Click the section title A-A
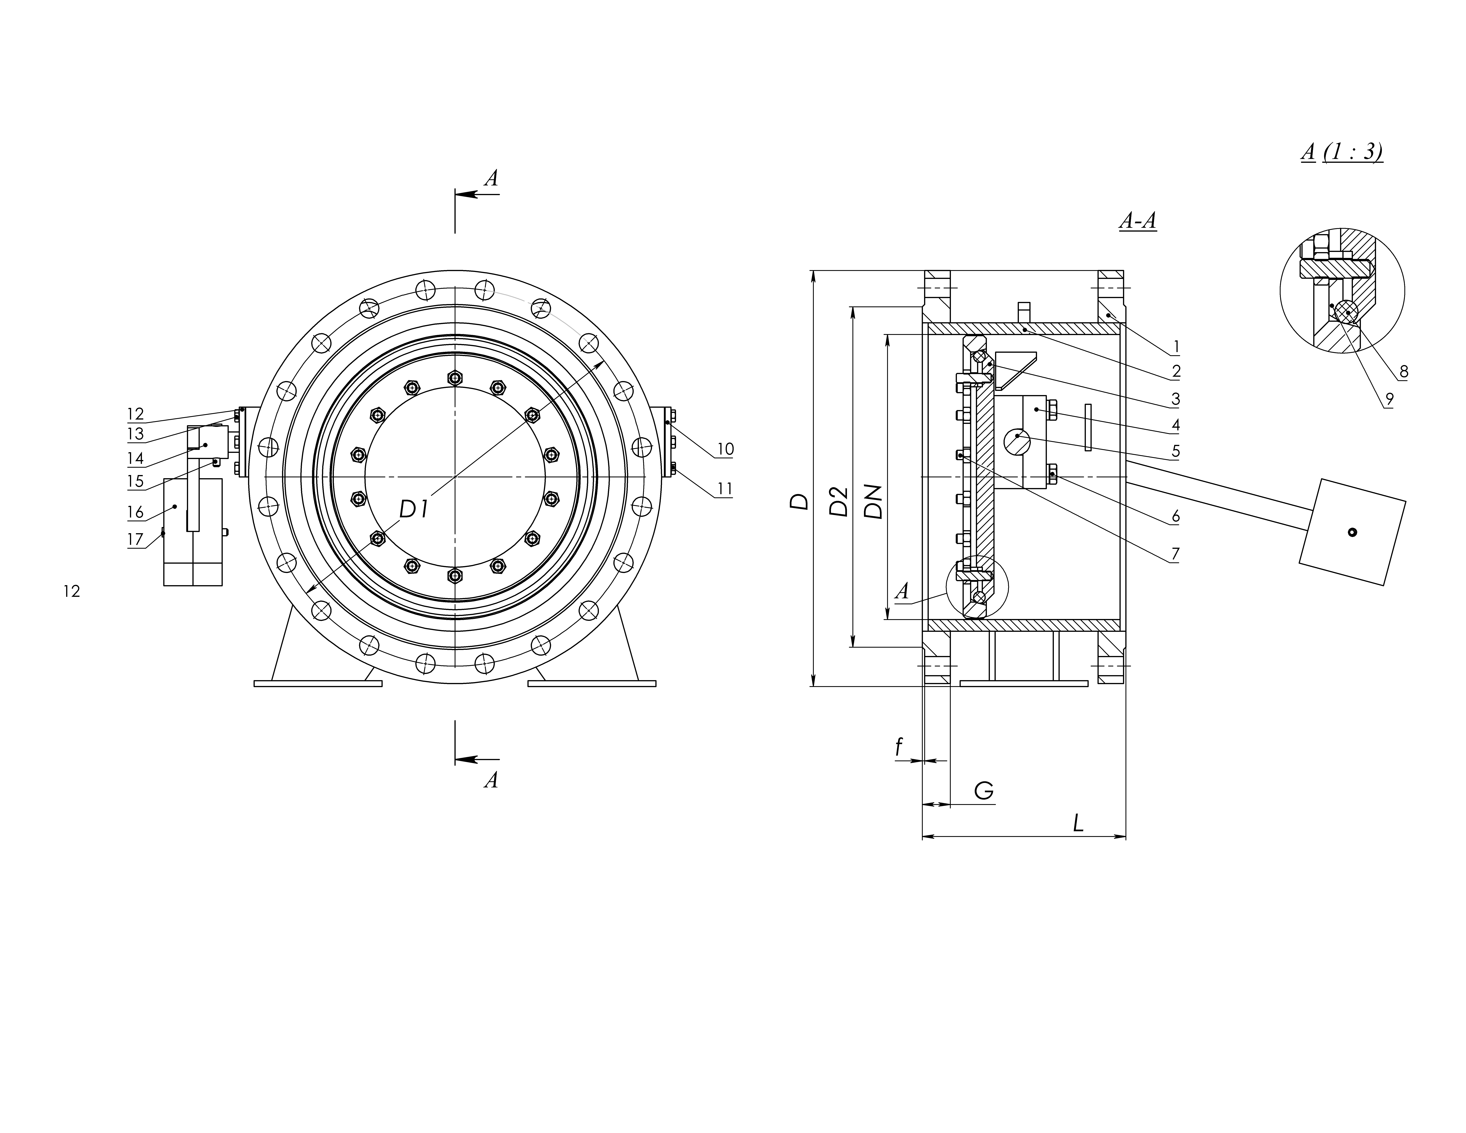[x=1138, y=221]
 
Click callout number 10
[x=725, y=449]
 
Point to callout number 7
[x=1175, y=554]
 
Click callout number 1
[x=1176, y=347]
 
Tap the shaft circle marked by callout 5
[x=1017, y=442]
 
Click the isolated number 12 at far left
[x=72, y=591]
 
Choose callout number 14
[x=136, y=458]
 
